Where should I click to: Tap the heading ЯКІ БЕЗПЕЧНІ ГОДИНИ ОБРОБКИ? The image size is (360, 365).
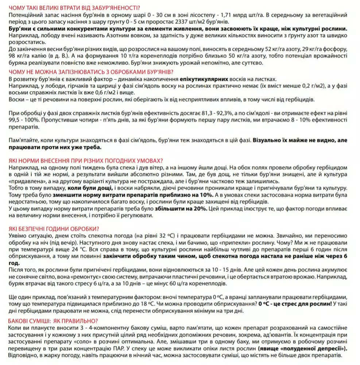pos(53,229)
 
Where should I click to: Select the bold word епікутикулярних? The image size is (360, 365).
pos(204,79)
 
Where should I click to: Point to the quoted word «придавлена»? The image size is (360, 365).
pos(24,181)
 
